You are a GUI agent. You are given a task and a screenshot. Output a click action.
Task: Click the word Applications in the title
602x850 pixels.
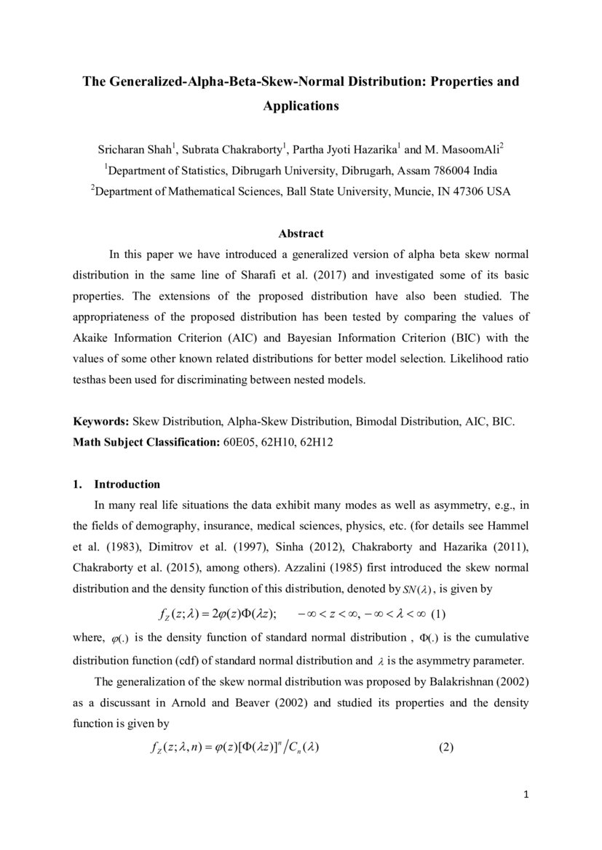[x=301, y=106]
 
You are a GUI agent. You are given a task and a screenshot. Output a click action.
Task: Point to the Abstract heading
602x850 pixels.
[x=301, y=234]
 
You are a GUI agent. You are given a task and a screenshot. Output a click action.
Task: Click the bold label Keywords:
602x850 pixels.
[x=101, y=422]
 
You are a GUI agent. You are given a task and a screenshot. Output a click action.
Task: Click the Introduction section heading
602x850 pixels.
[x=127, y=485]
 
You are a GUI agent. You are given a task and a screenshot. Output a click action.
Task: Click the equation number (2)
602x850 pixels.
[x=446, y=748]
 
